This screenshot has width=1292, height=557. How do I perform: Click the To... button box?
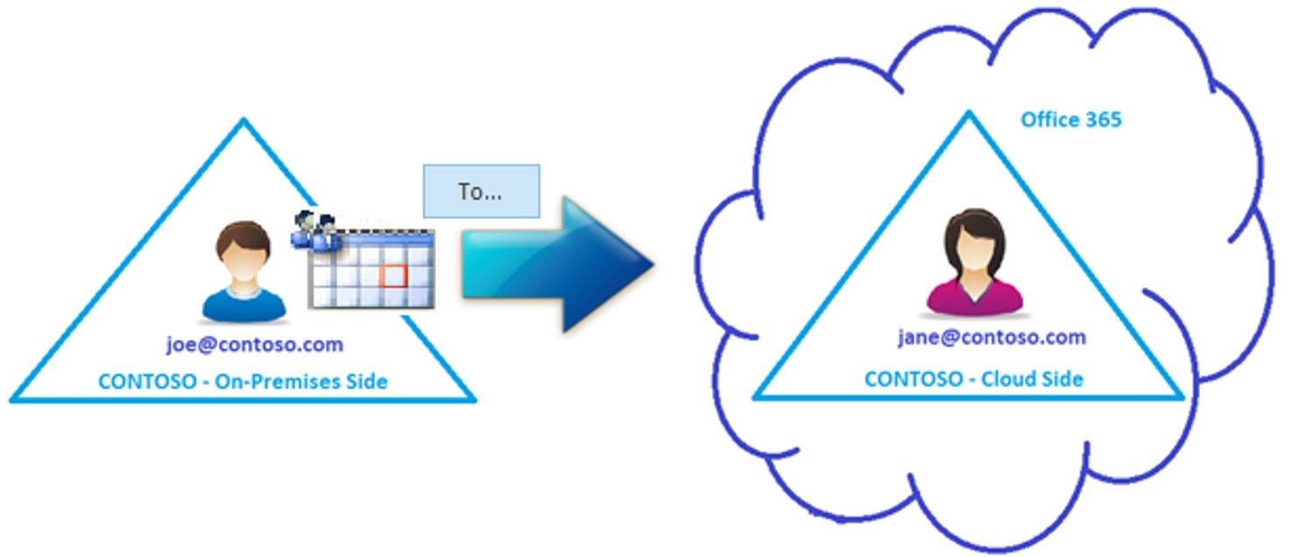coord(481,191)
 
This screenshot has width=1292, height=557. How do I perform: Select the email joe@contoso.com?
coord(255,344)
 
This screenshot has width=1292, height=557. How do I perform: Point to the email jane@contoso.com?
coord(992,337)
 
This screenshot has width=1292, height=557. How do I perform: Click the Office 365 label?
coord(1071,120)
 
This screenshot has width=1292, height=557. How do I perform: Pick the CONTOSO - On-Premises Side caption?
coord(243,382)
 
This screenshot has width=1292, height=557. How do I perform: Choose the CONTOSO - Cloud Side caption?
coord(973,379)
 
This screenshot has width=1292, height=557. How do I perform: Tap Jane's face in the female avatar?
coord(973,248)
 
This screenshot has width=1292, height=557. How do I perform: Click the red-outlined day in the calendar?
coord(395,276)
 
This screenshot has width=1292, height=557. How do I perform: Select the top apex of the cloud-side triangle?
coord(969,113)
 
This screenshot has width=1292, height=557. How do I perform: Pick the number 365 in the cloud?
coord(1103,120)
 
